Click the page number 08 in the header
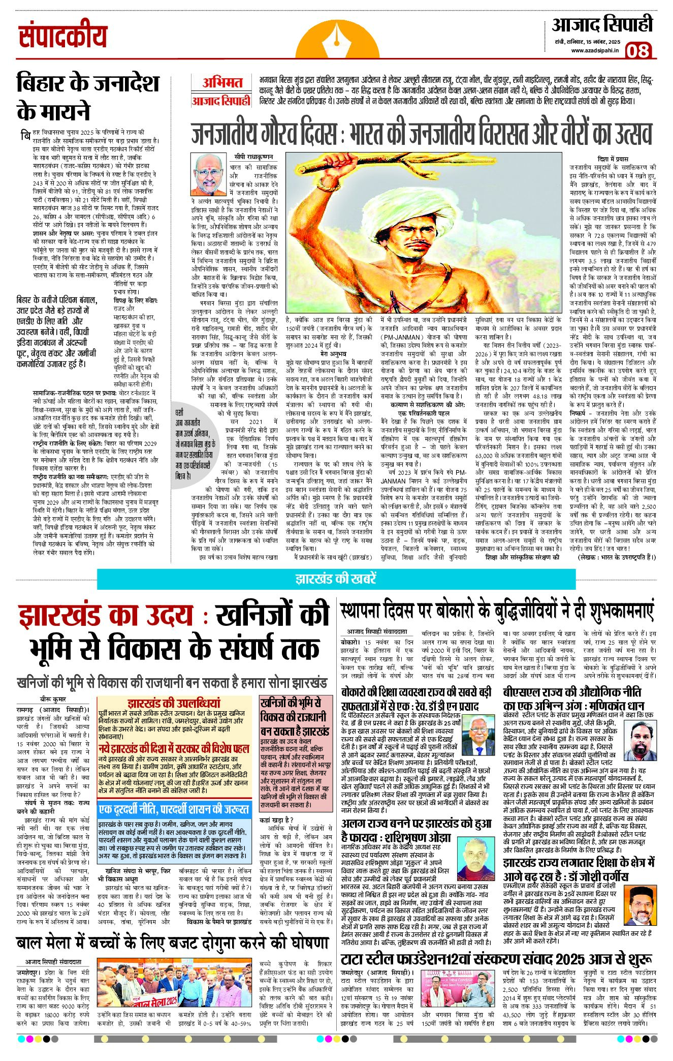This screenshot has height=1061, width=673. click(637, 51)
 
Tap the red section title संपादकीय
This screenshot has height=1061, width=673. click(62, 37)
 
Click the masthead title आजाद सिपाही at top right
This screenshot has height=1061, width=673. click(602, 24)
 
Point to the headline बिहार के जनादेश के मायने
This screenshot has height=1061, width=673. click(87, 97)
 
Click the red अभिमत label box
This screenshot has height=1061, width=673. click(222, 83)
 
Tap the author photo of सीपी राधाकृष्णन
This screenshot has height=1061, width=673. click(209, 174)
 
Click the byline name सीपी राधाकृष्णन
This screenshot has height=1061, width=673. click(253, 157)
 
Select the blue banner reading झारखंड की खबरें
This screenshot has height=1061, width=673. click(335, 579)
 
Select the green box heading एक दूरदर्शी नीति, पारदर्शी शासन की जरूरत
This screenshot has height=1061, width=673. click(174, 809)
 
